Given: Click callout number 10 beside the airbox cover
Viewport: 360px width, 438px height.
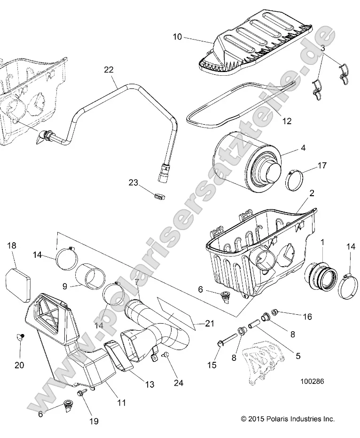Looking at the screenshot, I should pos(178,37).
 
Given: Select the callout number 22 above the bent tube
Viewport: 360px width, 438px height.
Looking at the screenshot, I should pos(109,70).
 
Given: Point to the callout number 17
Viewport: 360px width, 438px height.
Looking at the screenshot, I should pos(322,166).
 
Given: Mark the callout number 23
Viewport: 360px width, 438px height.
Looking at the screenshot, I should pos(133,183).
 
